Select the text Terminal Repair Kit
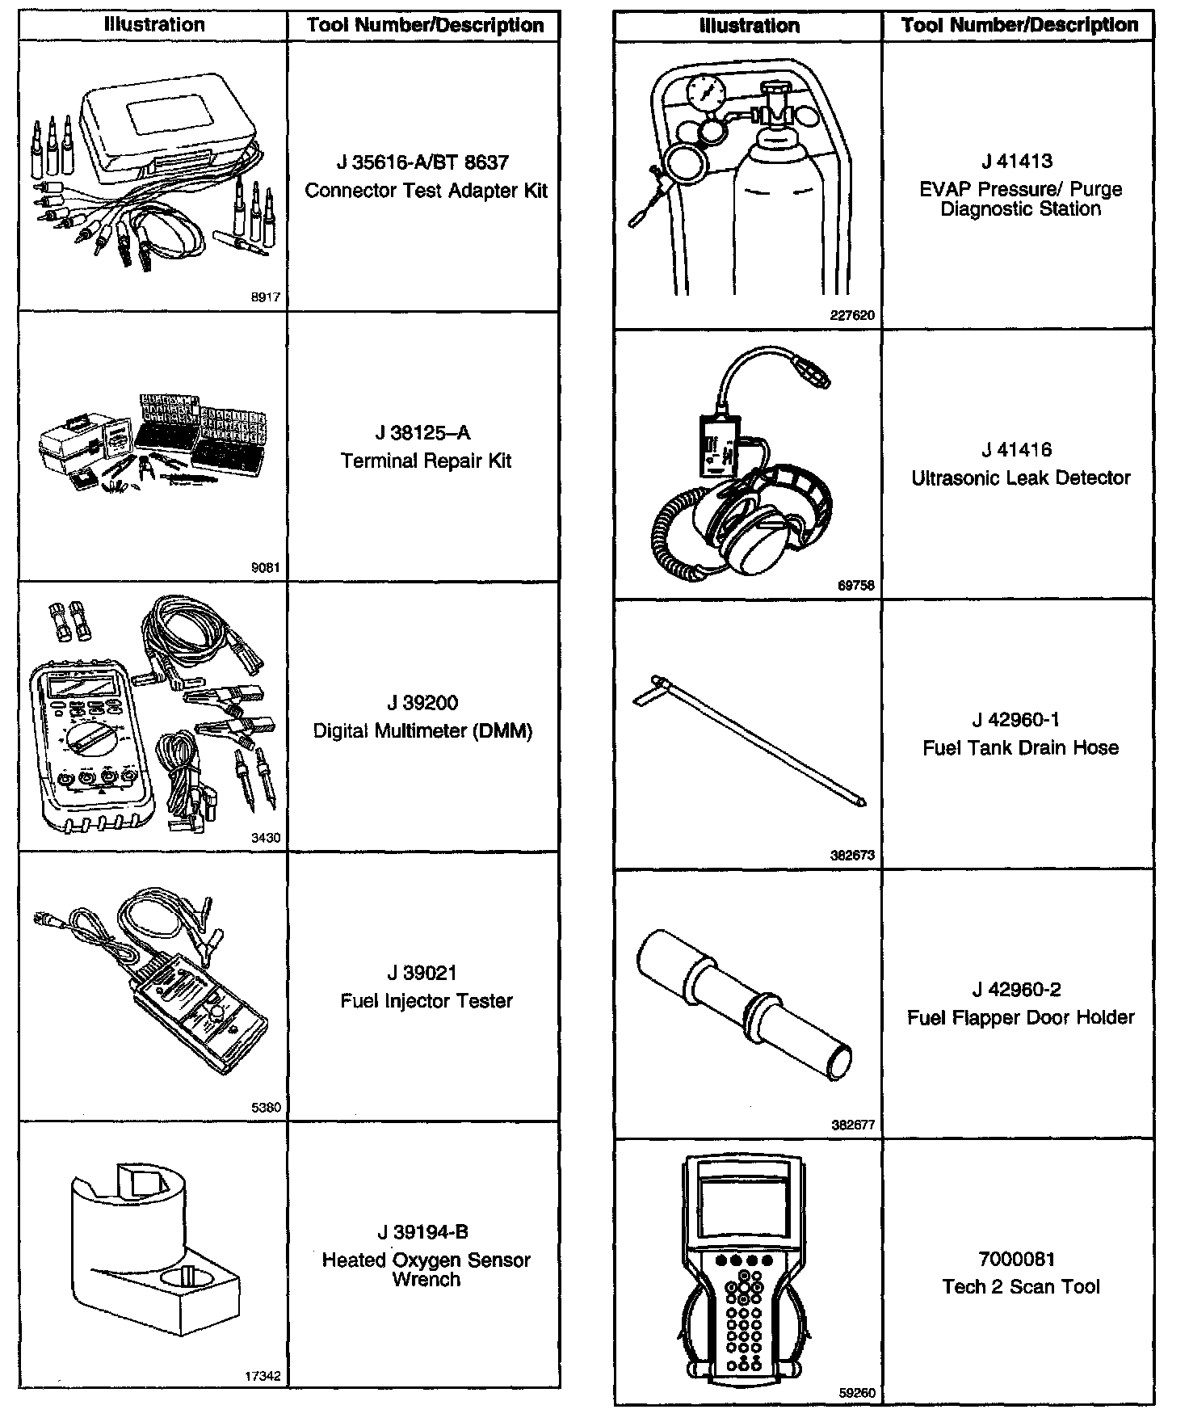click(x=426, y=461)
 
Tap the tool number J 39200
click(x=422, y=703)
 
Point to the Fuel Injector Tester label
click(x=426, y=1001)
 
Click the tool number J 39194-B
click(x=422, y=1232)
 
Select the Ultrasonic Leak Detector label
click(x=1021, y=478)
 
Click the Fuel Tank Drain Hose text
click(x=1021, y=748)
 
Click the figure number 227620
click(x=852, y=316)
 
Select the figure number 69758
click(x=856, y=586)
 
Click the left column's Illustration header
click(x=153, y=25)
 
